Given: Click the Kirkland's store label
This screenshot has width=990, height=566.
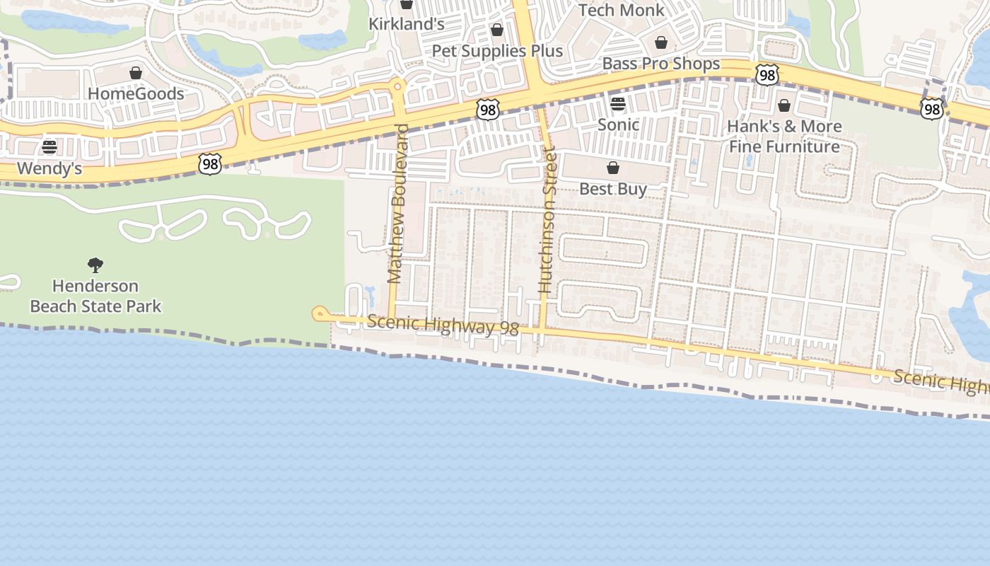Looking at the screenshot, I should (x=407, y=24).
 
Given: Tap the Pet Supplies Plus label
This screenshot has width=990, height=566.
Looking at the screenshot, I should (x=497, y=51).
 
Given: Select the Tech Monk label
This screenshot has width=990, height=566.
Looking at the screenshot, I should (x=622, y=10).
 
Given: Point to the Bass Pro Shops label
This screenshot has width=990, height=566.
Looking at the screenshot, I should (x=660, y=64).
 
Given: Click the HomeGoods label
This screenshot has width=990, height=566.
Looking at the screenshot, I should (x=136, y=93).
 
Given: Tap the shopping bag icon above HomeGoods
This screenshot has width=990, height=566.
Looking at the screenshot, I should (x=136, y=74).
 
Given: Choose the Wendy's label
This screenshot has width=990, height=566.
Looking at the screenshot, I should (x=49, y=168).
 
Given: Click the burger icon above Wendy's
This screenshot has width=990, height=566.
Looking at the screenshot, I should (x=49, y=147).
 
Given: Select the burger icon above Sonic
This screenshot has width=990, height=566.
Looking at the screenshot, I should (x=618, y=104).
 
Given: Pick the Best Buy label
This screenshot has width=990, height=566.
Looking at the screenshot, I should (x=613, y=189).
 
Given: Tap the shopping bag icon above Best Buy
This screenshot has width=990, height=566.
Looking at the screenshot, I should (x=613, y=168).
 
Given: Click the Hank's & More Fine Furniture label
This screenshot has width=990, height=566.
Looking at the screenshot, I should (x=784, y=137).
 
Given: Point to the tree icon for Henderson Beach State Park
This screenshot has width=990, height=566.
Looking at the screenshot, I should (x=95, y=265).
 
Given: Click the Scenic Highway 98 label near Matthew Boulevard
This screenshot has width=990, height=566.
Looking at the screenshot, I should (x=443, y=325).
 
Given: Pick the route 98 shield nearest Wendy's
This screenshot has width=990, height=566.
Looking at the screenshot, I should (x=210, y=164).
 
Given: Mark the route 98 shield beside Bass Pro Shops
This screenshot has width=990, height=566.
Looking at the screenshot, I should (x=767, y=74).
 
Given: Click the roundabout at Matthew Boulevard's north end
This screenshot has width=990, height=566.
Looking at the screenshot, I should (x=397, y=87).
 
